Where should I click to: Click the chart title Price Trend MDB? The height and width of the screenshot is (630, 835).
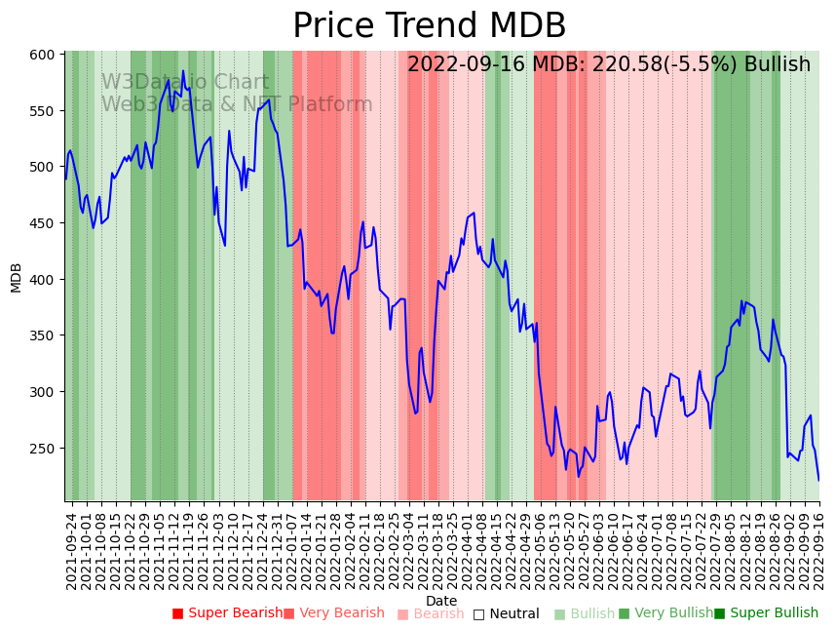(429, 26)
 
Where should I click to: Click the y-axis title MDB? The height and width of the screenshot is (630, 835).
(16, 277)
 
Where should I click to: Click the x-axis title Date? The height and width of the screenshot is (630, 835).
(441, 601)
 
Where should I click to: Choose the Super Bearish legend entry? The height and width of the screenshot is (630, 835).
(227, 613)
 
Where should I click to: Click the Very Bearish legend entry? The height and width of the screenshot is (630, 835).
(334, 613)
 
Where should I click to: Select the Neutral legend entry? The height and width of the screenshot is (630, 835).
(506, 613)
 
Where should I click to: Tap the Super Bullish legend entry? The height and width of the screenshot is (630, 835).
(767, 613)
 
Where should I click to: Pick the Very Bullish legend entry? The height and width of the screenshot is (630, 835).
(665, 613)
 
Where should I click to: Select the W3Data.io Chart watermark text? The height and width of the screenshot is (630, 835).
(185, 83)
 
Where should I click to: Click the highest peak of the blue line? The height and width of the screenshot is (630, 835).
(182, 71)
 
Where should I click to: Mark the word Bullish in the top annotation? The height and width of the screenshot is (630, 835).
(777, 65)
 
